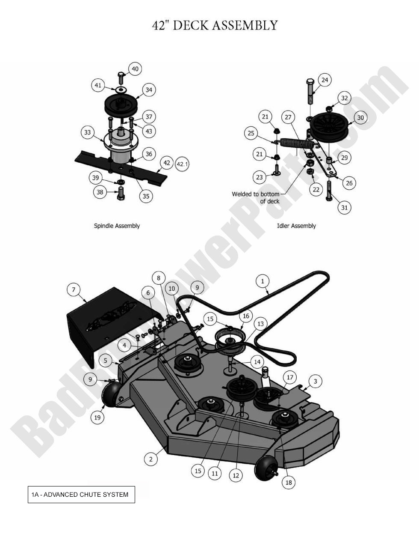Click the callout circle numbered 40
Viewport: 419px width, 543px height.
pyautogui.click(x=135, y=69)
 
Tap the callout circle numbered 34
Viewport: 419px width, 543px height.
pyautogui.click(x=149, y=90)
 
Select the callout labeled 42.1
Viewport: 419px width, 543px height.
pyautogui.click(x=183, y=164)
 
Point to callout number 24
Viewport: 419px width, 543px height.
pyautogui.click(x=325, y=80)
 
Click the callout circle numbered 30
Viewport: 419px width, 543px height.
pyautogui.click(x=360, y=118)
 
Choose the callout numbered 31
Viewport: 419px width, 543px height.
pyautogui.click(x=344, y=208)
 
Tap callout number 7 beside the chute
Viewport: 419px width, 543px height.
pyautogui.click(x=74, y=290)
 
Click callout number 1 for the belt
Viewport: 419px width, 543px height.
pyautogui.click(x=263, y=281)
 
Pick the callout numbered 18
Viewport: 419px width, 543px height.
pyautogui.click(x=289, y=483)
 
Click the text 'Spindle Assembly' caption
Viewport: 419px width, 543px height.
pyautogui.click(x=117, y=226)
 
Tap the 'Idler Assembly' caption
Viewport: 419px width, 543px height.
pyautogui.click(x=296, y=226)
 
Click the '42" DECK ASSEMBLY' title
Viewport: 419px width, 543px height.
pyautogui.click(x=215, y=25)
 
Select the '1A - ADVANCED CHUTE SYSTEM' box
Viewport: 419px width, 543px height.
pyautogui.click(x=81, y=495)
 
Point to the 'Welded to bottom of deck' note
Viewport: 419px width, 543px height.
pyautogui.click(x=256, y=197)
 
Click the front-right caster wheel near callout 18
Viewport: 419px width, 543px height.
pyautogui.click(x=265, y=468)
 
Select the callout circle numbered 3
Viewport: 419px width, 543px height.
pyautogui.click(x=316, y=381)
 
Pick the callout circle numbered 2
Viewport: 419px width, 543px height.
pyautogui.click(x=150, y=459)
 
